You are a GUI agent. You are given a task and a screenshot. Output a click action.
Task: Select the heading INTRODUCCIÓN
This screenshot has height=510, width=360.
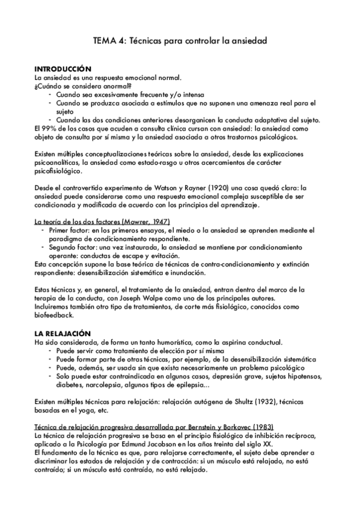[63, 69]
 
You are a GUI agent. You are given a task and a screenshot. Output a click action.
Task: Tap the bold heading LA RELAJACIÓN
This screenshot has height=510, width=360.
[63, 333]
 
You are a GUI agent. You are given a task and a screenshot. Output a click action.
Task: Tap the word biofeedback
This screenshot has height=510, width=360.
[54, 315]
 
